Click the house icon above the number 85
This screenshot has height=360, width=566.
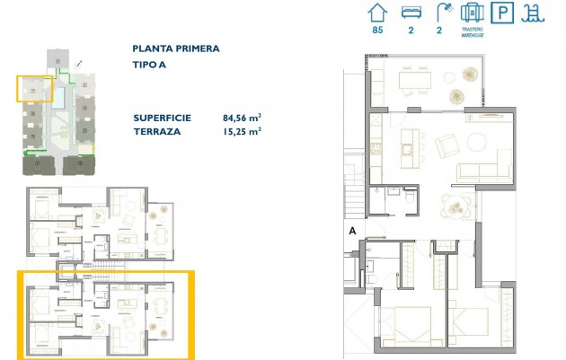pyautogui.click(x=377, y=13)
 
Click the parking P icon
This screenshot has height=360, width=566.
pyautogui.click(x=507, y=13)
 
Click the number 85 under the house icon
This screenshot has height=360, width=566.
pyautogui.click(x=377, y=31)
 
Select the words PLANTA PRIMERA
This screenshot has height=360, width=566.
pyautogui.click(x=175, y=49)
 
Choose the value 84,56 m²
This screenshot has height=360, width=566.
pyautogui.click(x=241, y=118)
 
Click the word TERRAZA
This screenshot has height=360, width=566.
pyautogui.click(x=155, y=131)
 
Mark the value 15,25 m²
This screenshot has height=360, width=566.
pyautogui.click(x=241, y=131)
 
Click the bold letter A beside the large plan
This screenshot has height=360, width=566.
pyautogui.click(x=352, y=231)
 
